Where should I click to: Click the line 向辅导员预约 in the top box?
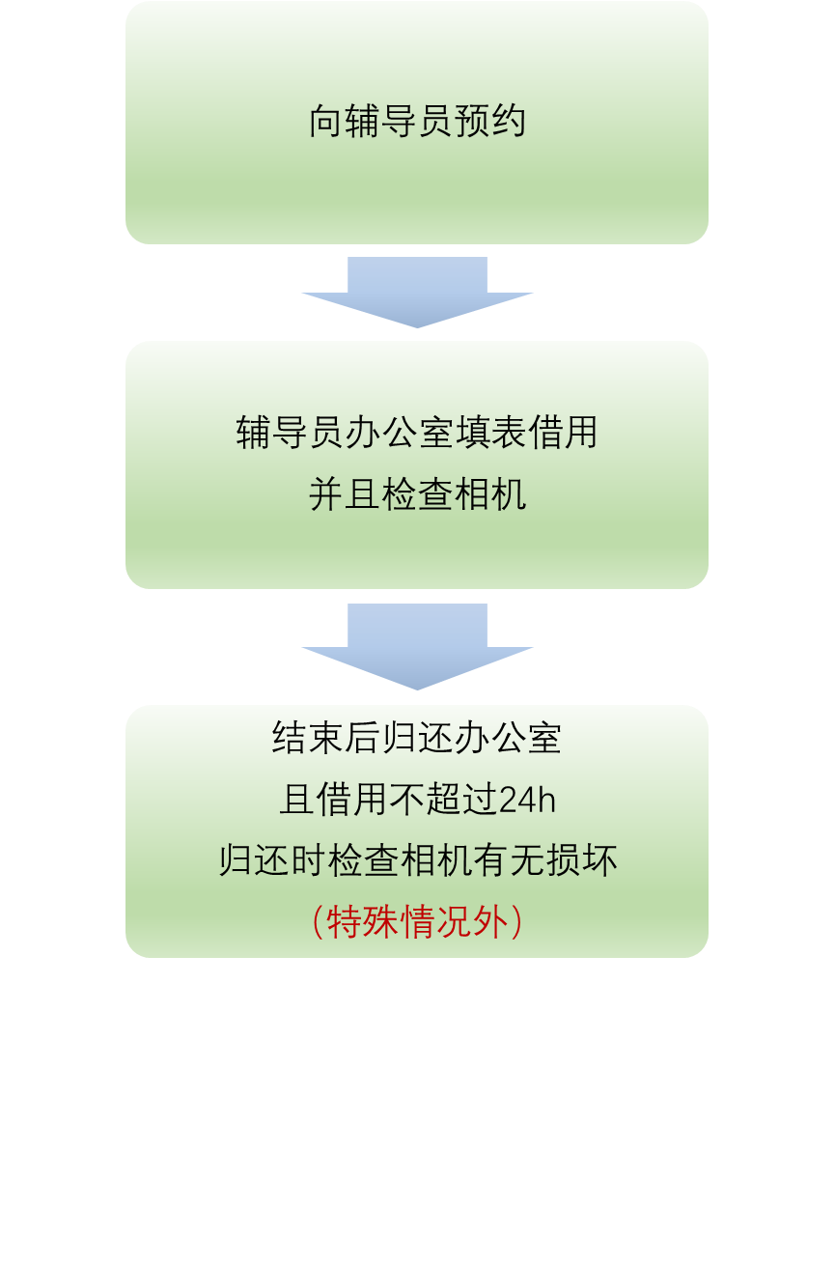tap(417, 123)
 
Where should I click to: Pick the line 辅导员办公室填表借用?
tap(417, 433)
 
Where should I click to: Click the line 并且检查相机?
tap(417, 494)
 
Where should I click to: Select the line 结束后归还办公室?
tap(417, 739)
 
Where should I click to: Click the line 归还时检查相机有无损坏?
tap(417, 860)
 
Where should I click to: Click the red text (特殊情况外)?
tap(417, 922)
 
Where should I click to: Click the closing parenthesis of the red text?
tap(516, 922)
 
